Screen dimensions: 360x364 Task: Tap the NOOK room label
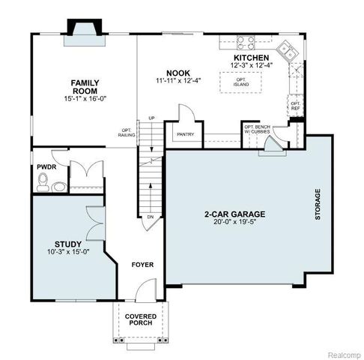[x=176, y=72]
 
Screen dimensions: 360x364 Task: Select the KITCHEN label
[x=251, y=58]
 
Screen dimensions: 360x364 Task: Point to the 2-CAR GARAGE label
[x=234, y=214]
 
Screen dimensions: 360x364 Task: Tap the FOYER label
[x=142, y=265]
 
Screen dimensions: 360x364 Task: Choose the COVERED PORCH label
[x=140, y=319]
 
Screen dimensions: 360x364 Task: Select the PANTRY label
[x=185, y=135]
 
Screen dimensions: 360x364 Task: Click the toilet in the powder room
[x=44, y=181]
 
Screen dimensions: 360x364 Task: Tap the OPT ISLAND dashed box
[x=241, y=81]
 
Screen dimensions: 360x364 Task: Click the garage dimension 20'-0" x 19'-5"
[x=234, y=222]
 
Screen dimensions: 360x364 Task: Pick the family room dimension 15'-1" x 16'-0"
[x=86, y=98]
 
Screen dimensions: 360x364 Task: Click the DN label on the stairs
[x=150, y=217]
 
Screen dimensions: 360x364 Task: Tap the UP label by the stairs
[x=151, y=118]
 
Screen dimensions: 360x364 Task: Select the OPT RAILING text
[x=126, y=132]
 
